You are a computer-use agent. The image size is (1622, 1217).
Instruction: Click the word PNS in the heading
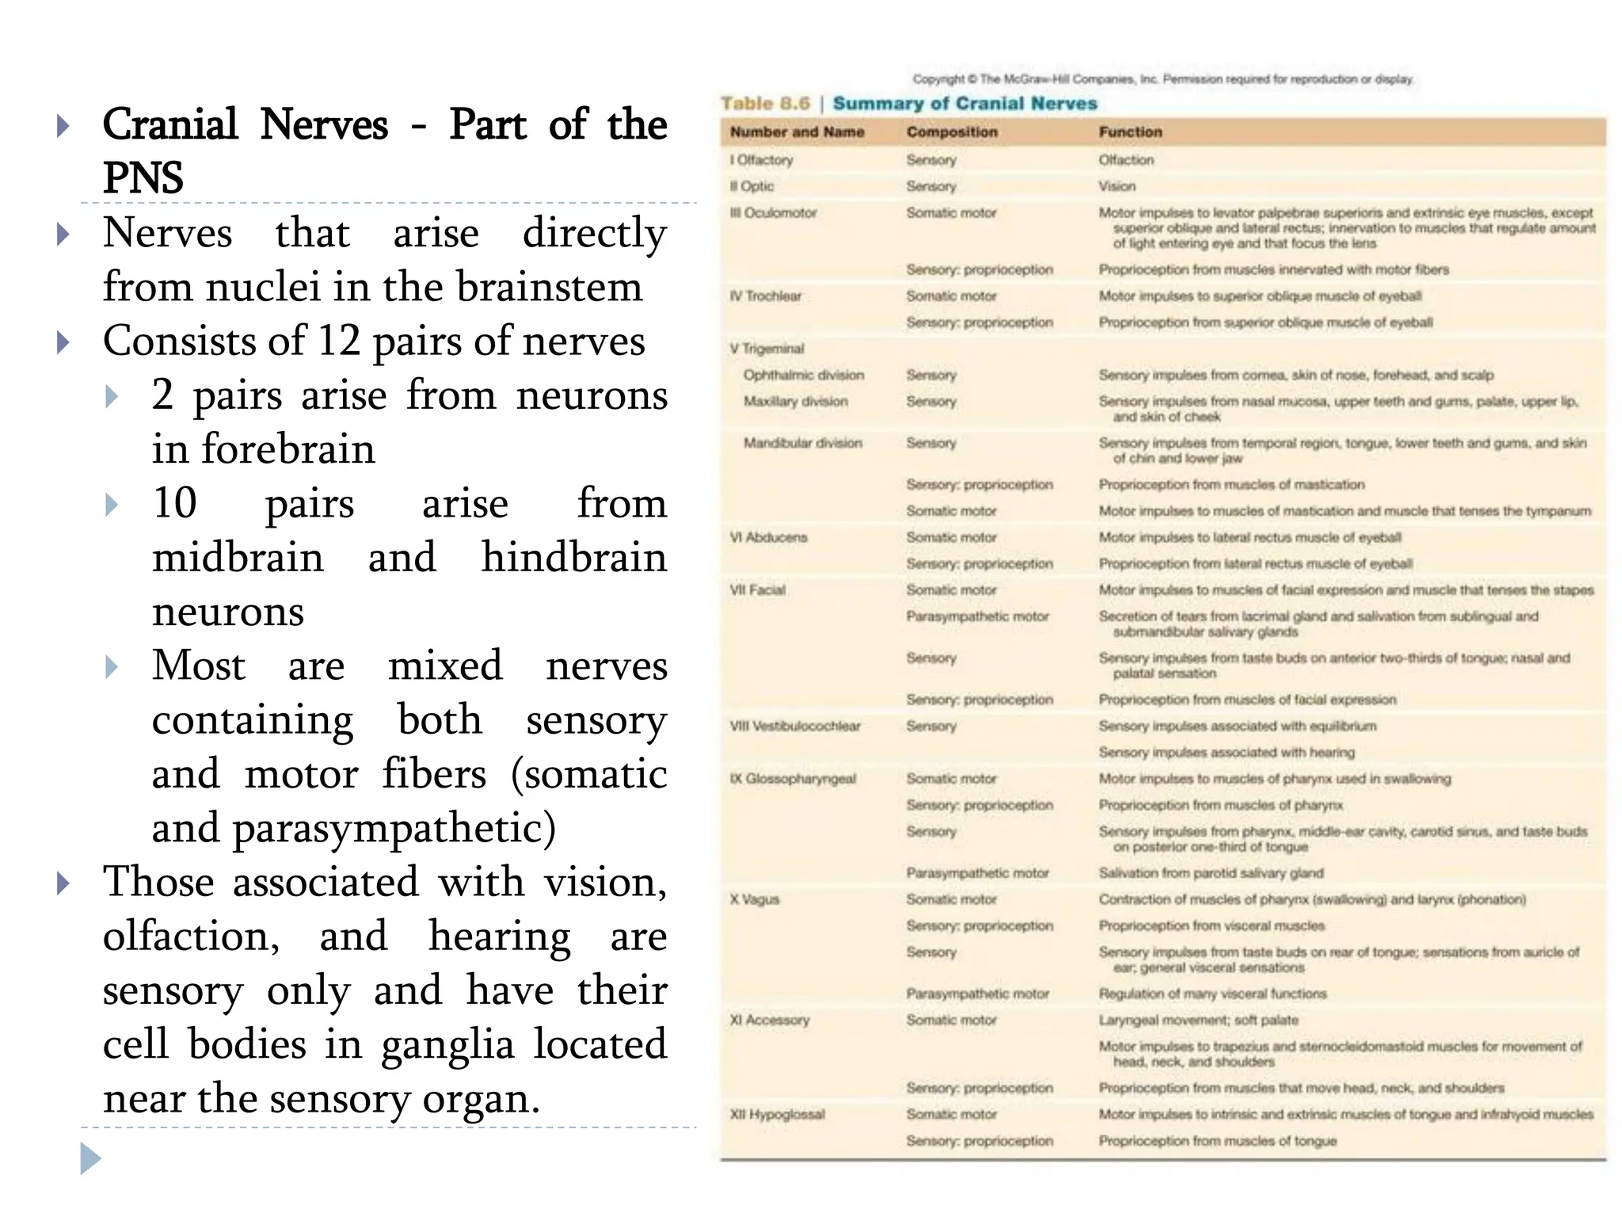143,177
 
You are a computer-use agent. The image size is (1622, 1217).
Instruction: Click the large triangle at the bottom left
91,1158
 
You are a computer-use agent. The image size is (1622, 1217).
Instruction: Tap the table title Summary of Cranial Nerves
965,104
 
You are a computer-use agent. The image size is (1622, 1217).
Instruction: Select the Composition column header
952,132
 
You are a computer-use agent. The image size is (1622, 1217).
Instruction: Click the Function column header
1130,132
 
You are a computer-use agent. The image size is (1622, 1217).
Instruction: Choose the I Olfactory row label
761,160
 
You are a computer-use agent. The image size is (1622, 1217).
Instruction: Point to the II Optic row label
752,186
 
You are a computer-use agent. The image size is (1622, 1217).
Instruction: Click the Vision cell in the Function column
1117,186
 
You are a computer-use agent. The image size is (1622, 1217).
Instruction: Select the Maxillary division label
795,402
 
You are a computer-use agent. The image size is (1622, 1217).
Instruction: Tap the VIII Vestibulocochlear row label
794,727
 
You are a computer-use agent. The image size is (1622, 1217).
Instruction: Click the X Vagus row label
755,899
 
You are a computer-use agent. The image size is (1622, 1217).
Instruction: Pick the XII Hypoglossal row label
777,1115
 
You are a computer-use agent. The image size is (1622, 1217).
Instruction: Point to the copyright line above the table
1162,79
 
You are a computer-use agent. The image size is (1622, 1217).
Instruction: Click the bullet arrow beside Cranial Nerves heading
64,126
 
